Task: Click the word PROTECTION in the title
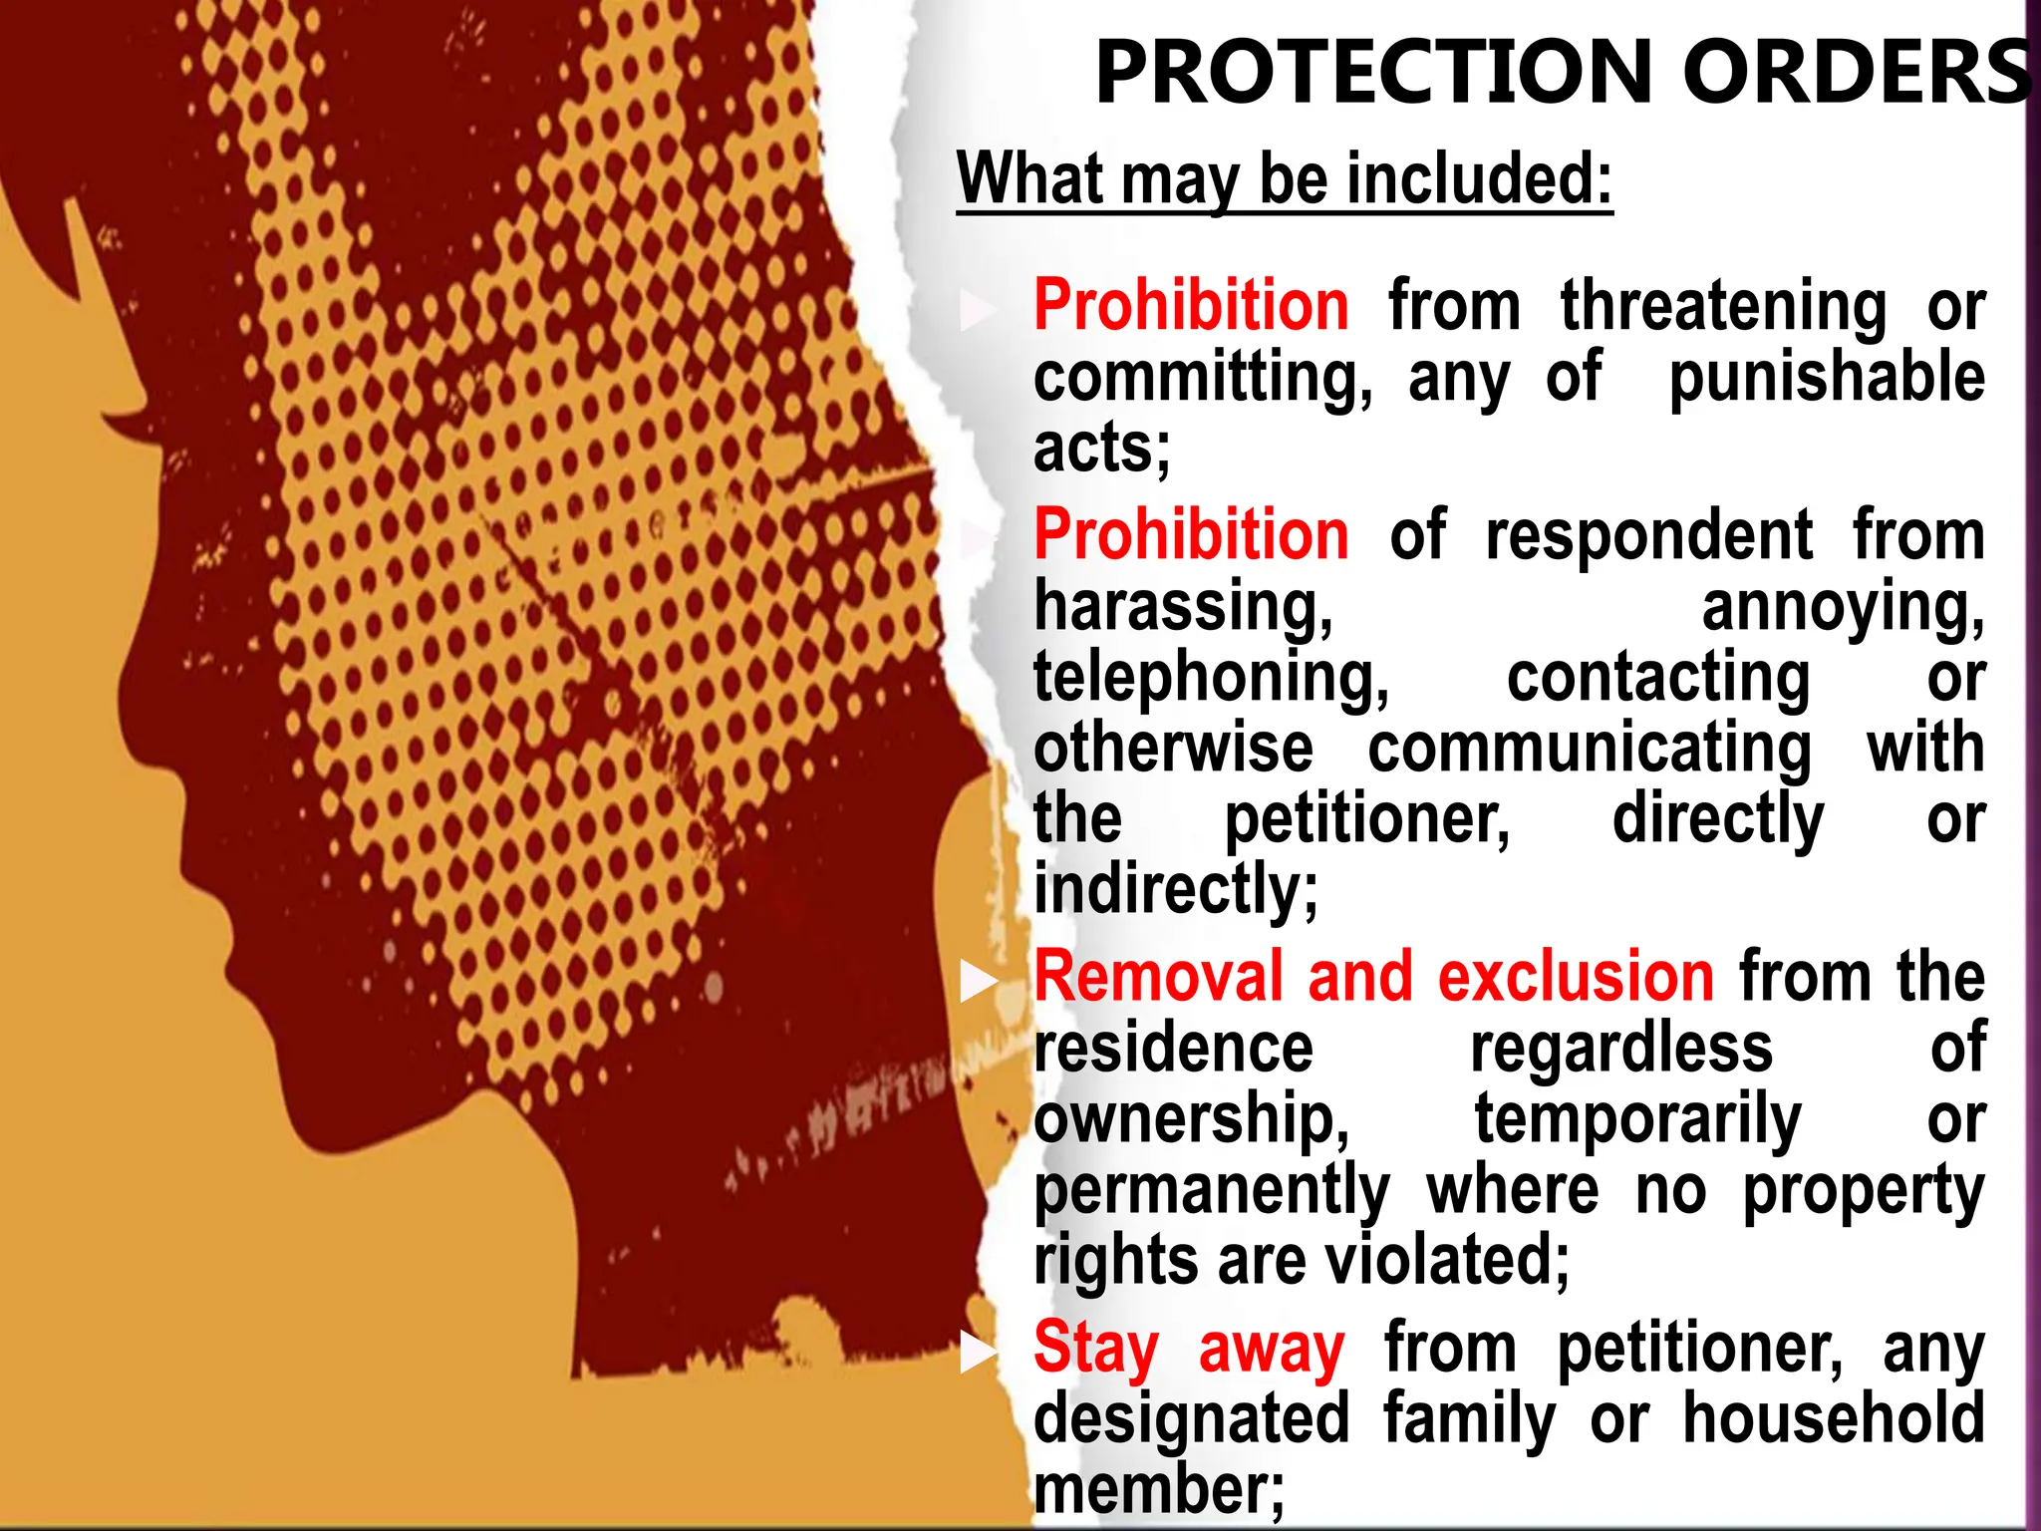[1374, 72]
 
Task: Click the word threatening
[1723, 307]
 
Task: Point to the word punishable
[1827, 379]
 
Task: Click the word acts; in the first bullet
[1101, 449]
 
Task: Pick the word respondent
[1648, 536]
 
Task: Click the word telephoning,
[1211, 678]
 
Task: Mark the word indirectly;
[1176, 889]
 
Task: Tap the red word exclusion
[1576, 977]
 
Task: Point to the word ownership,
[1191, 1118]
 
